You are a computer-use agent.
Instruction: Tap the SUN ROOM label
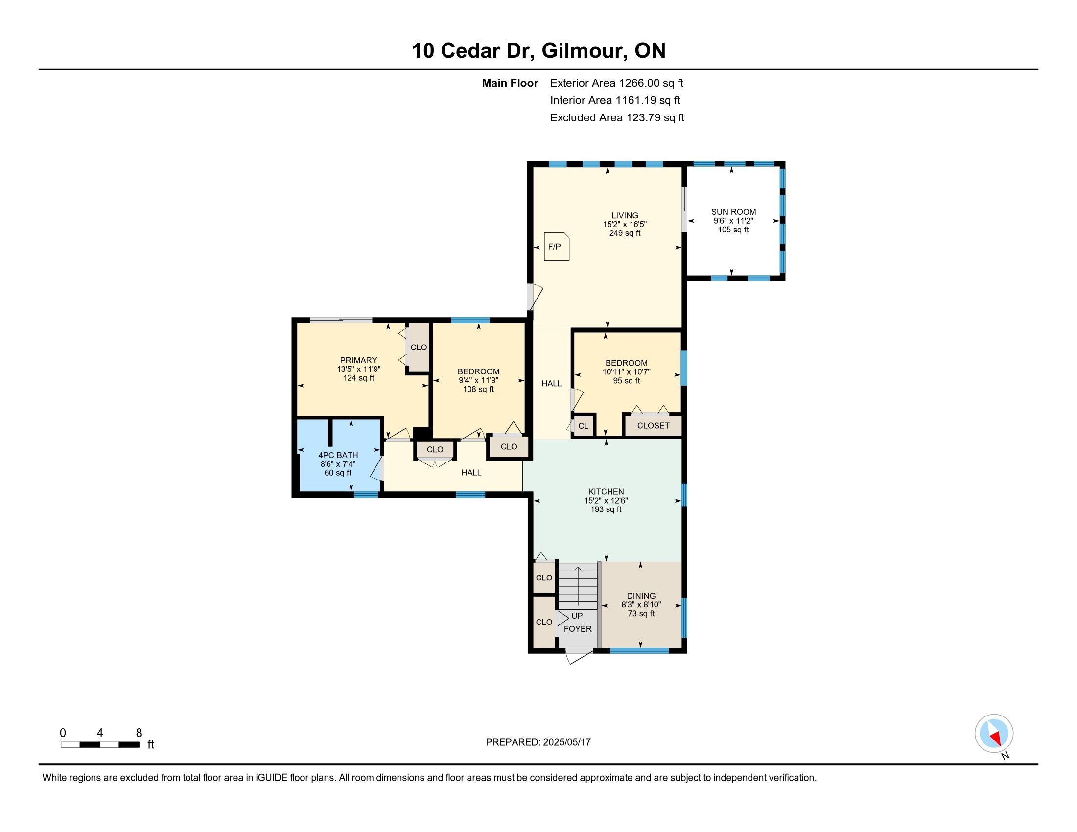pyautogui.click(x=733, y=212)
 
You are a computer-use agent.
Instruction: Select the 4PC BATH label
pyautogui.click(x=338, y=456)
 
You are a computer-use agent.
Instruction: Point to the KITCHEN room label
pyautogui.click(x=606, y=491)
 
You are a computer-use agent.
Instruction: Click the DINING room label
pyautogui.click(x=641, y=596)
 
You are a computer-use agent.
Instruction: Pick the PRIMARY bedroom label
pyautogui.click(x=358, y=360)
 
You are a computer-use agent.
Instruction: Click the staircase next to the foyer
pyautogui.click(x=578, y=586)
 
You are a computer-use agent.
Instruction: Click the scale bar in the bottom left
pyautogui.click(x=100, y=744)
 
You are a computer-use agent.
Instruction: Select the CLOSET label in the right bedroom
pyautogui.click(x=653, y=425)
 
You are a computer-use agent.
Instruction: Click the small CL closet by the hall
pyautogui.click(x=584, y=426)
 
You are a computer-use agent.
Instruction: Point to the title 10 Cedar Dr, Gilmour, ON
pyautogui.click(x=538, y=50)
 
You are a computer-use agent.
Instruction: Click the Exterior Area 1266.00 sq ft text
pyautogui.click(x=617, y=83)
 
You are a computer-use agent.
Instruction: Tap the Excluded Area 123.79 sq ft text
pyautogui.click(x=617, y=117)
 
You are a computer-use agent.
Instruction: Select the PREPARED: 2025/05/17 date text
pyautogui.click(x=538, y=742)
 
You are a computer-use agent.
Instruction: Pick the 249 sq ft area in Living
pyautogui.click(x=625, y=233)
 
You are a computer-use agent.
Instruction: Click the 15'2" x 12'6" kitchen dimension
pyautogui.click(x=606, y=500)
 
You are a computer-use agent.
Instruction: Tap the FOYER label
pyautogui.click(x=578, y=629)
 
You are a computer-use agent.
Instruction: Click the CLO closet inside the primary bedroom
pyautogui.click(x=419, y=347)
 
